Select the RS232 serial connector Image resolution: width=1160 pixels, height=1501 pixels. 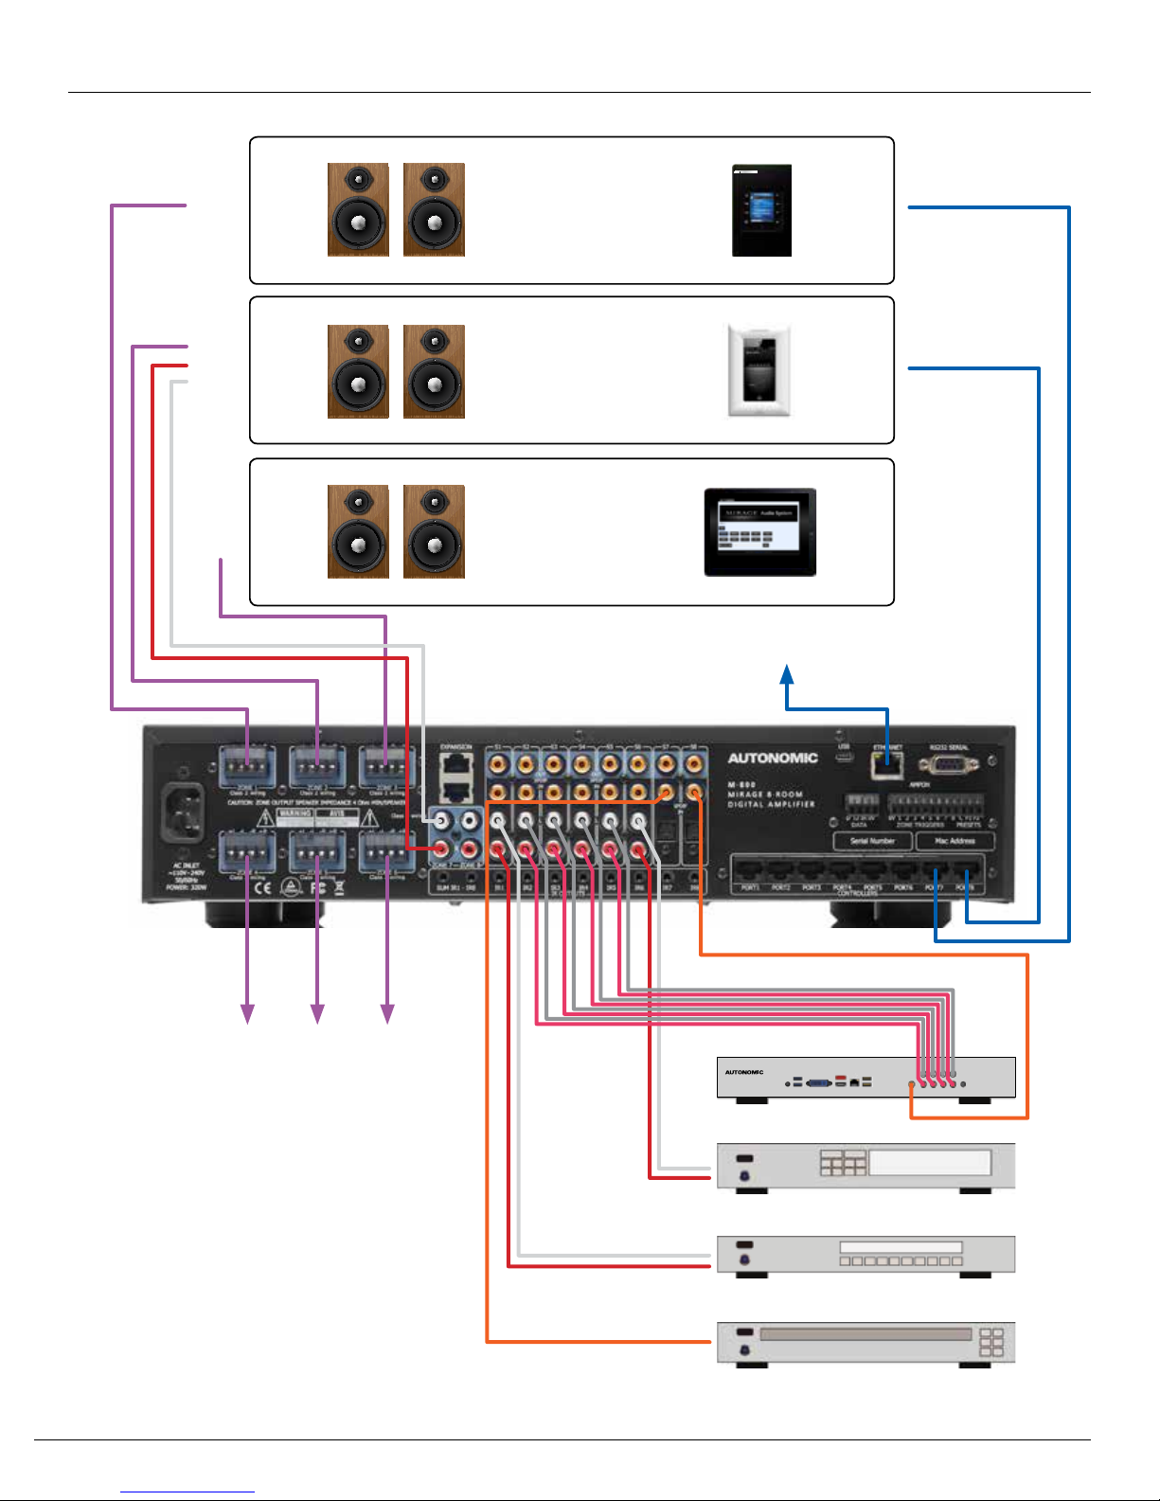coord(948,763)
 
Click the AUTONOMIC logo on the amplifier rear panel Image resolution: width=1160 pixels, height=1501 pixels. coord(772,758)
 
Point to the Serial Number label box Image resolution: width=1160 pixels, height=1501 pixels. coord(872,841)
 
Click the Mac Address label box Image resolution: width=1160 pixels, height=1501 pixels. coord(955,841)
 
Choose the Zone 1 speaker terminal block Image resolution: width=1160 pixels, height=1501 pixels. coord(247,765)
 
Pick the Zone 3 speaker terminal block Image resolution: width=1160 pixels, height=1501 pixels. coord(386,765)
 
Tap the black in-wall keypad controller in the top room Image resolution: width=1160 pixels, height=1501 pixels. coord(761,210)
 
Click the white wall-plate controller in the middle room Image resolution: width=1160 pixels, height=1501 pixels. coord(758,370)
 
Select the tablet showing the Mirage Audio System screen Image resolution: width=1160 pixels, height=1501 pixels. coord(759,532)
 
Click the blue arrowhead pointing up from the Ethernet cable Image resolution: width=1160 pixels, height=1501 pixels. coord(787,673)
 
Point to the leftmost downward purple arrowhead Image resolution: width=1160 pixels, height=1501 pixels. coord(247,1013)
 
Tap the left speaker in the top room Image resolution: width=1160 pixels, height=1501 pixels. coord(358,209)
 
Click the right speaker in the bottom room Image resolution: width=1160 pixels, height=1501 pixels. coord(434,531)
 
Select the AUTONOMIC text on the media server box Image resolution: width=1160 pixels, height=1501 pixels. coord(744,1072)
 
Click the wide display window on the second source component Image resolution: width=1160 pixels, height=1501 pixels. coord(929,1162)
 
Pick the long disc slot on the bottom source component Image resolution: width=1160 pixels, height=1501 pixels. coord(866,1334)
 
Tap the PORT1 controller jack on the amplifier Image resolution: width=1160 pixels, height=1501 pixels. coord(750,869)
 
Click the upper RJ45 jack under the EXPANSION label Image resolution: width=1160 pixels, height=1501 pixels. coord(456,762)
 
